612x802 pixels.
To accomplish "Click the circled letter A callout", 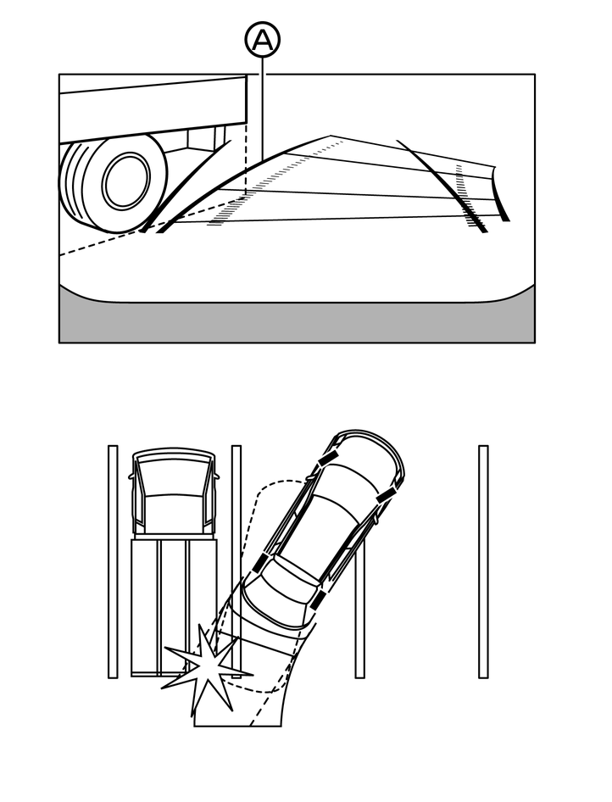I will point(263,39).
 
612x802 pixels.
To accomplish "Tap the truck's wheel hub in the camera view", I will point(126,179).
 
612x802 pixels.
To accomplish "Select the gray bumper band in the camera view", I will point(297,322).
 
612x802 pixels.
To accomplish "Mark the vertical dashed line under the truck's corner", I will point(246,161).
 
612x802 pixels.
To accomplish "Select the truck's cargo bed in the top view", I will point(173,606).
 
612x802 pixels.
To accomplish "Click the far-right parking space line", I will point(483,560).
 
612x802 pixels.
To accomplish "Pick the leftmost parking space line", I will point(113,560).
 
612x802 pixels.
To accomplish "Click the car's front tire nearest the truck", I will point(327,458).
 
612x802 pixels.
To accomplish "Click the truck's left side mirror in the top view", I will point(131,476).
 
